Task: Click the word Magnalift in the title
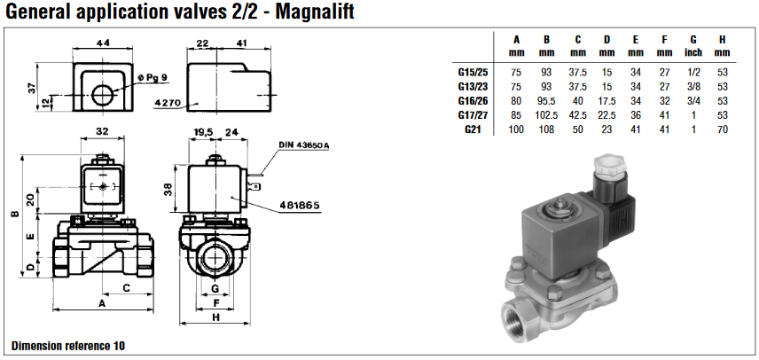314,12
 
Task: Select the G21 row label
473,129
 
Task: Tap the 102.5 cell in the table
547,115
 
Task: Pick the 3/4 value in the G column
693,101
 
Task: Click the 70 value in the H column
723,129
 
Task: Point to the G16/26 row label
473,101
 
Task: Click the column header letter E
636,40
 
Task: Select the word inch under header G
693,52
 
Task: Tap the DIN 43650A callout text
303,145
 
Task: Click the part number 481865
300,205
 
